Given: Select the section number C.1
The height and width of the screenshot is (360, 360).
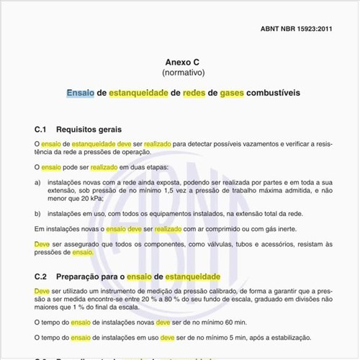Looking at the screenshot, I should pos(41,130).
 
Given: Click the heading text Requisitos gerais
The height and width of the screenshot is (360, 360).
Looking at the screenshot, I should pos(94,130).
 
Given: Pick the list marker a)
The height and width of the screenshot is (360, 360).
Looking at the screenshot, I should pos(37,183).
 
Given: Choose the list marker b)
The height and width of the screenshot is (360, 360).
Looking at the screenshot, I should pos(37,214).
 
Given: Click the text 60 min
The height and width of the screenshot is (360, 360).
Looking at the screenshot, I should pos(235,323).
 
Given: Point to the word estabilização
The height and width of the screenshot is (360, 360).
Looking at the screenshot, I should pos(285,337).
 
